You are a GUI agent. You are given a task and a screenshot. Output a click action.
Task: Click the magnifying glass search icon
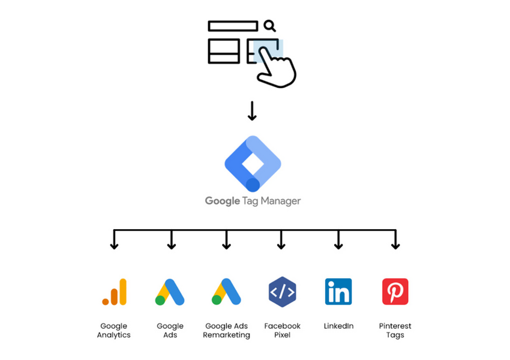click(269, 25)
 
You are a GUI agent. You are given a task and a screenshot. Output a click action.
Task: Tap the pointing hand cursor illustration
click(275, 67)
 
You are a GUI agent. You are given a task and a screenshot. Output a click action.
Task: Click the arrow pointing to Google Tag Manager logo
click(252, 111)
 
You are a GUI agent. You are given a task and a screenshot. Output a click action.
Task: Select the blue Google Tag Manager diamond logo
click(253, 163)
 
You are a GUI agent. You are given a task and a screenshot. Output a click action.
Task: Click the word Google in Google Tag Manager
click(223, 201)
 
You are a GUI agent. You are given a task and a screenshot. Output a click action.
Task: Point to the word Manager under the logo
click(279, 201)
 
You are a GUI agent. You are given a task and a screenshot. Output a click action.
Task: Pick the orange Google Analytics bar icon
click(114, 292)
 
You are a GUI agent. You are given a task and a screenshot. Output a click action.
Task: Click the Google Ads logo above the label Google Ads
click(170, 292)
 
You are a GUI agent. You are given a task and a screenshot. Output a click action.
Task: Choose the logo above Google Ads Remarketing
click(226, 292)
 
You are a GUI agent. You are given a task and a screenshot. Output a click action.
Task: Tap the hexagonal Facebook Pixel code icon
click(282, 292)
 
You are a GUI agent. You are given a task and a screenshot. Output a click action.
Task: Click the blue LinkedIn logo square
click(338, 292)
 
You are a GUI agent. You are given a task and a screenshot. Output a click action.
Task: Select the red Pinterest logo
click(395, 292)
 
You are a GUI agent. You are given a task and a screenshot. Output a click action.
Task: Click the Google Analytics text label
click(114, 331)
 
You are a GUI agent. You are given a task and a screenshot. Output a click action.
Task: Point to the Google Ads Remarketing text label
click(226, 331)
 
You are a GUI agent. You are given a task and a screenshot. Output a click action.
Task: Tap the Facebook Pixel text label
click(282, 331)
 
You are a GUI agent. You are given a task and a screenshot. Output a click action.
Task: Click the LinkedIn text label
click(338, 326)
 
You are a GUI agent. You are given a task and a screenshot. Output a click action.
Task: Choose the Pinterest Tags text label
click(395, 331)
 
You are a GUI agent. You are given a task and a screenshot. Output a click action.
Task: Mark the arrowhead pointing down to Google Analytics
click(114, 245)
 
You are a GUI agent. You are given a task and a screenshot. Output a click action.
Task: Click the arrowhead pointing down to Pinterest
click(395, 245)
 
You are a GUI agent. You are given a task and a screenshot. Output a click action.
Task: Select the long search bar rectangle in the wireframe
click(233, 26)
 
